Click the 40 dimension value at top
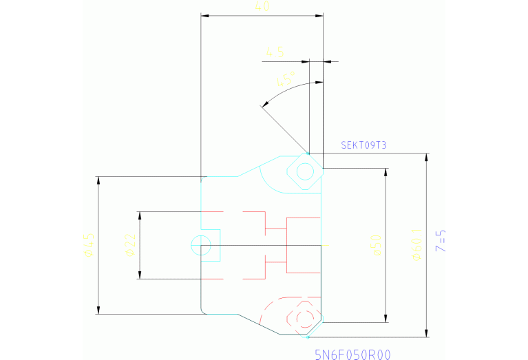[262, 7]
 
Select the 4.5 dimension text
[275, 52]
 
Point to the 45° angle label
[286, 78]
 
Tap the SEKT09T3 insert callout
[364, 145]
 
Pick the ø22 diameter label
[130, 245]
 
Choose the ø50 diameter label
[376, 244]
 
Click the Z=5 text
[442, 241]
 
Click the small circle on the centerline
[201, 245]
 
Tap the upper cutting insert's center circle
[304, 171]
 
